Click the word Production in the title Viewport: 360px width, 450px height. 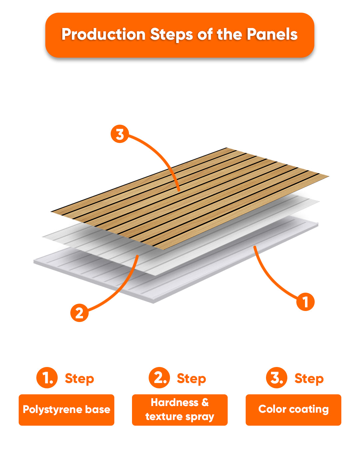104,35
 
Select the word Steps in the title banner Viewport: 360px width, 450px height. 171,35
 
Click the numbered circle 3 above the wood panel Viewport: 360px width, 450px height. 120,134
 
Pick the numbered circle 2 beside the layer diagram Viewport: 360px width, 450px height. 79,313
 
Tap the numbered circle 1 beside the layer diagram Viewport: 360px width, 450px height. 305,302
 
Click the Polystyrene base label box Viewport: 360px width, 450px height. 67,410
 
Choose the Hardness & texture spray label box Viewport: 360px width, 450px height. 180,410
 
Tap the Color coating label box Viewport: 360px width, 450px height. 293,410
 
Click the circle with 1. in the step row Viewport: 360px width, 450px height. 47,378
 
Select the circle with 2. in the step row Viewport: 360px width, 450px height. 159,378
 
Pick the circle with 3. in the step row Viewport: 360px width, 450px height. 277,378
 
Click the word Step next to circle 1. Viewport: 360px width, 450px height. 79,379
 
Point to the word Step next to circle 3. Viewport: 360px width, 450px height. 309,379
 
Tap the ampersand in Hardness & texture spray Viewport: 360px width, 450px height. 205,402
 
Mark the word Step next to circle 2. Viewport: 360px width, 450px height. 191,379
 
